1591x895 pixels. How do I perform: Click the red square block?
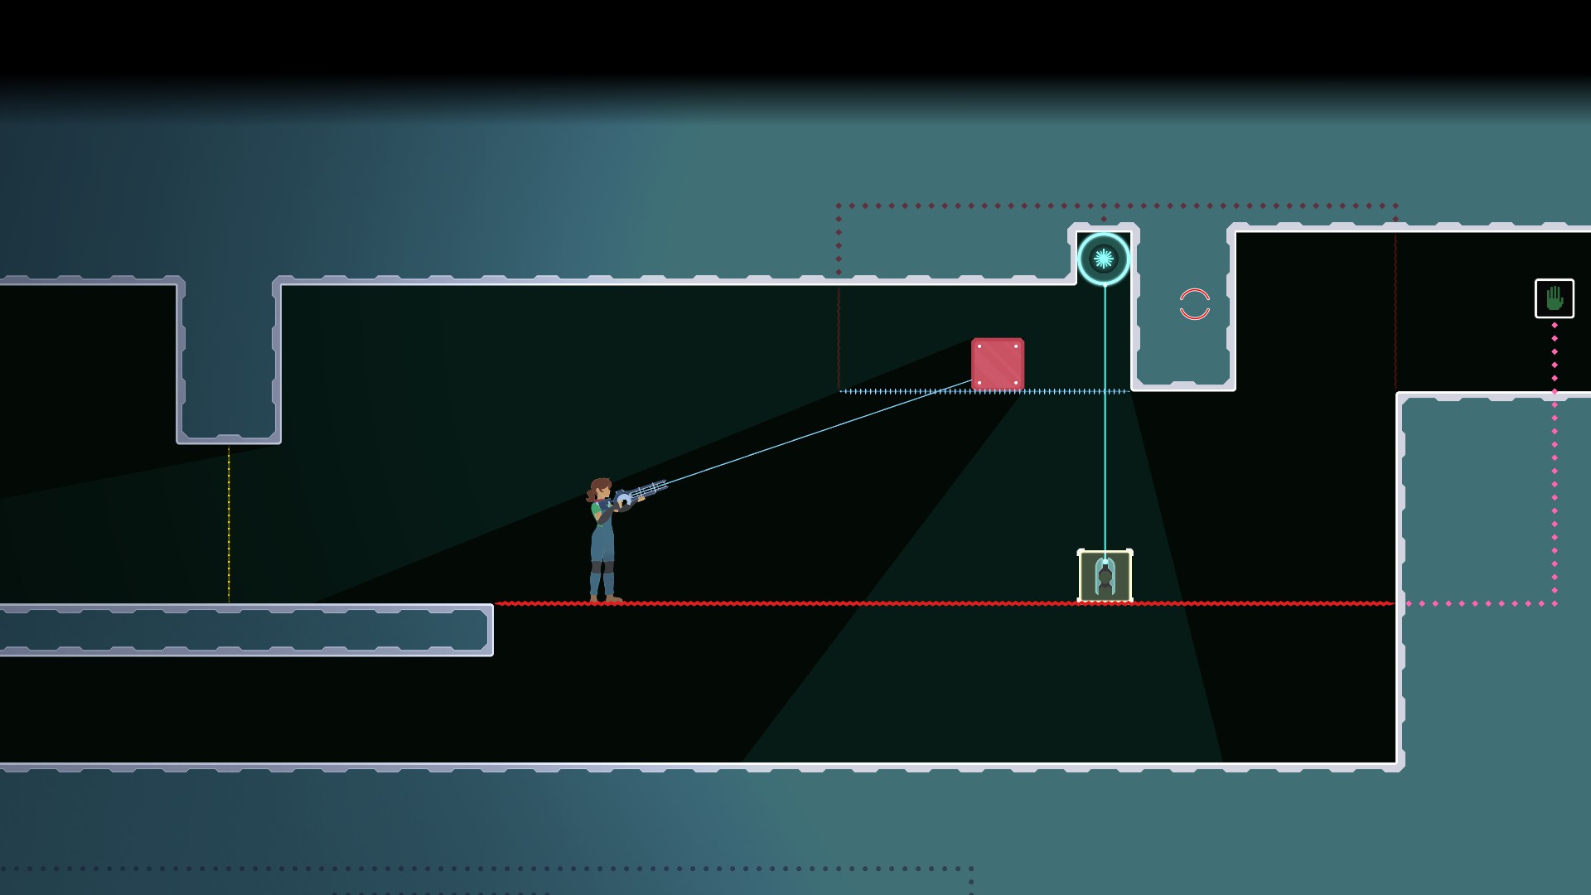tap(998, 364)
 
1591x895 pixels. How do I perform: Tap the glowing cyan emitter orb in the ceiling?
tap(1104, 259)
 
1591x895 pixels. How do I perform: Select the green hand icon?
tap(1554, 298)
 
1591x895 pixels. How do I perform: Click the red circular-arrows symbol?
tap(1194, 304)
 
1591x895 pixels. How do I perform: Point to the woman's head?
tap(601, 491)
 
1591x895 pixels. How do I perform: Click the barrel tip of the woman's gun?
tap(664, 484)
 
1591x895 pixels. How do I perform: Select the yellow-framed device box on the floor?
tap(1105, 576)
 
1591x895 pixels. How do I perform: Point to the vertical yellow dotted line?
tap(229, 522)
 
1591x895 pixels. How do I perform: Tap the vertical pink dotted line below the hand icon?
tap(1555, 464)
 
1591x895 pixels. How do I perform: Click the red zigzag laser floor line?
tap(829, 603)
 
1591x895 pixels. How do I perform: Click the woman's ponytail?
tap(590, 495)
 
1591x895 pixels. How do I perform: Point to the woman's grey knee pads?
tap(602, 568)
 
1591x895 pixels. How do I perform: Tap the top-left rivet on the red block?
tap(979, 346)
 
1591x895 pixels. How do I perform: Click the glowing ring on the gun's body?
tap(624, 501)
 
